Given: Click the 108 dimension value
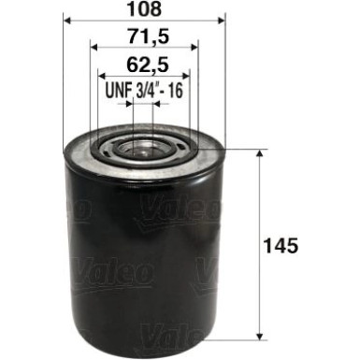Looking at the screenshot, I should (x=144, y=10).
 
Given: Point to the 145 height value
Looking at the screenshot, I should (x=284, y=247).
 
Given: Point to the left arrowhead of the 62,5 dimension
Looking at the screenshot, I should (x=101, y=76).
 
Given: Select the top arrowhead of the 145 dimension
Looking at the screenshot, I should (x=259, y=152).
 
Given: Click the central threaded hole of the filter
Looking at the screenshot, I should (x=143, y=148).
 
